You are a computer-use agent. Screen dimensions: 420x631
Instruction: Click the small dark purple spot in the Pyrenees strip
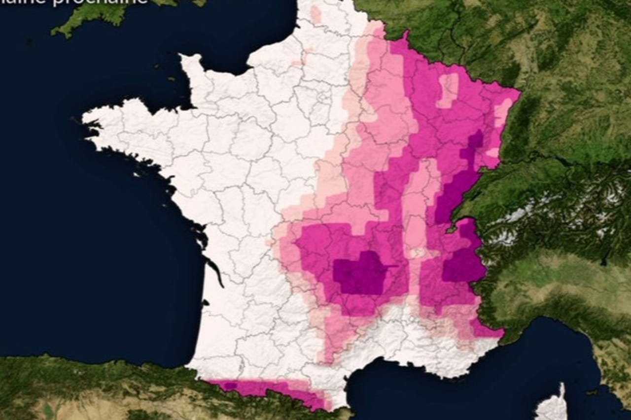(231, 386)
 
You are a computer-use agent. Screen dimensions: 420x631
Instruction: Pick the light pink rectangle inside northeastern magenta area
(448, 90)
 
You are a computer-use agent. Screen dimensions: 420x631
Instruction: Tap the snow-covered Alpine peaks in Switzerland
(518, 217)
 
